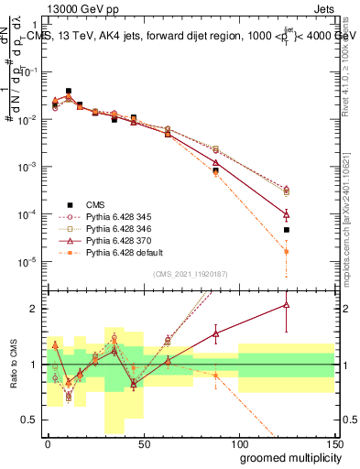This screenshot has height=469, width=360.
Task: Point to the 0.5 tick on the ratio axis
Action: (x=30, y=420)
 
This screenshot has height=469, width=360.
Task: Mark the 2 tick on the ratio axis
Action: (x=35, y=309)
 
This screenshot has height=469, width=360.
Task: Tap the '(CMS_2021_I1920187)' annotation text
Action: (x=190, y=274)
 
